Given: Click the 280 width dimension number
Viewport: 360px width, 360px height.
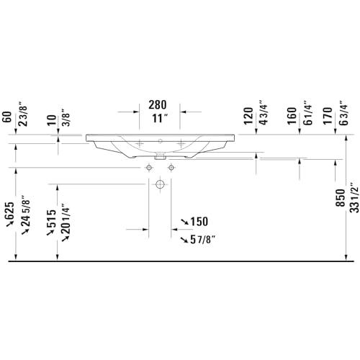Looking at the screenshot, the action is coord(158,104).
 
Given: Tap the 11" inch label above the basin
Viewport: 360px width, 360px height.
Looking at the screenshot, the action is coord(160,118).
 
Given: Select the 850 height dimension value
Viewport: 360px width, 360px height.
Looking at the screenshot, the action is coord(340,198).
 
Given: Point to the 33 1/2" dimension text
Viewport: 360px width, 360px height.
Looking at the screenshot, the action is coord(354,197).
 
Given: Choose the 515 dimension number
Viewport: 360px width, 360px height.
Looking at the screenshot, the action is coord(51,218).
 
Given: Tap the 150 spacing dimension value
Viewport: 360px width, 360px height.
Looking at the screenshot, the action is coord(199,222).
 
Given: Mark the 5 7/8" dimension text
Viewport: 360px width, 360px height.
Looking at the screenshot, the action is coord(202,240).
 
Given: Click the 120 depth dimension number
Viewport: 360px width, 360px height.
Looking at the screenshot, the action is coord(248,116).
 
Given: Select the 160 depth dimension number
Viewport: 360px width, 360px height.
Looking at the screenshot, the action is coord(292,116).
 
